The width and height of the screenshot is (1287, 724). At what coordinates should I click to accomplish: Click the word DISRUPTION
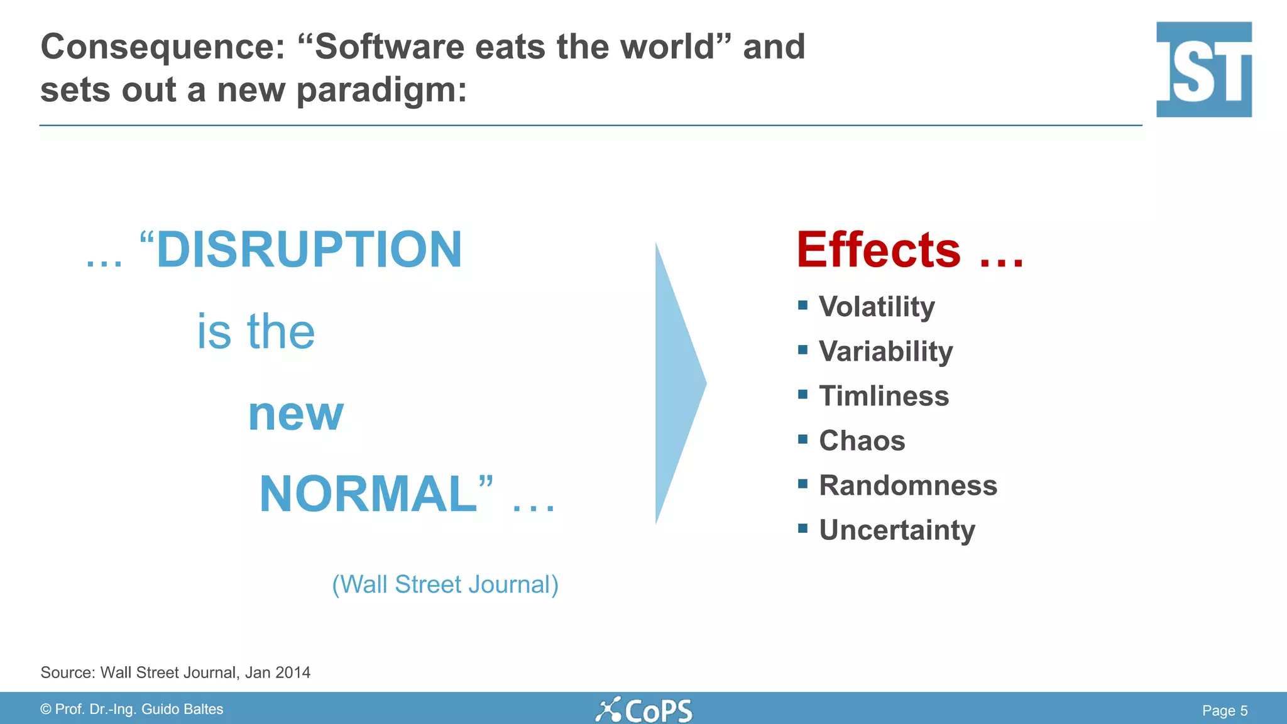click(309, 250)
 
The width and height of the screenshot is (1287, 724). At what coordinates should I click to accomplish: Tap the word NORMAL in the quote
click(368, 495)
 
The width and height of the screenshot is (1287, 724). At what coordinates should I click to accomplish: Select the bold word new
click(295, 415)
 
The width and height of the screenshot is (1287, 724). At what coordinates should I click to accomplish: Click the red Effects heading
click(879, 250)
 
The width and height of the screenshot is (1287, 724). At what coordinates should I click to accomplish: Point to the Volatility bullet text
click(877, 307)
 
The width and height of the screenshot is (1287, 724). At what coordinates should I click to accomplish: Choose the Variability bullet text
click(885, 352)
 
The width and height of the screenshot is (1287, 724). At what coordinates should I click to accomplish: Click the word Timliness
click(884, 397)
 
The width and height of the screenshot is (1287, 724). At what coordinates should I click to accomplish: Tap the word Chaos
click(862, 441)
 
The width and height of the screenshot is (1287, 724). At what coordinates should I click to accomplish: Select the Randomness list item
click(907, 486)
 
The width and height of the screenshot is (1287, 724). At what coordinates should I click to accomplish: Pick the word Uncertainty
click(897, 530)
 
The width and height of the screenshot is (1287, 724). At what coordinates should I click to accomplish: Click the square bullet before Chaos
click(802, 439)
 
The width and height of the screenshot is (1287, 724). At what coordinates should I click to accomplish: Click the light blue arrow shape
click(676, 383)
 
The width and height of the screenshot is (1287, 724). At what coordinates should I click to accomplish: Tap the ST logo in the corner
click(1203, 69)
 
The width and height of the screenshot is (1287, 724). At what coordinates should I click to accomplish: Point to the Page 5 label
click(1224, 711)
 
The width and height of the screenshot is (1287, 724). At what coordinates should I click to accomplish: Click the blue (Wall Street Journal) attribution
click(445, 585)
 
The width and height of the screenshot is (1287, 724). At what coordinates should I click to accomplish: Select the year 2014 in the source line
click(293, 672)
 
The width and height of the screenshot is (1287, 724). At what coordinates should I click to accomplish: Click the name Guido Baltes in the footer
click(182, 710)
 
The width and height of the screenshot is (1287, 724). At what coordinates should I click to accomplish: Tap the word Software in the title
click(389, 47)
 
